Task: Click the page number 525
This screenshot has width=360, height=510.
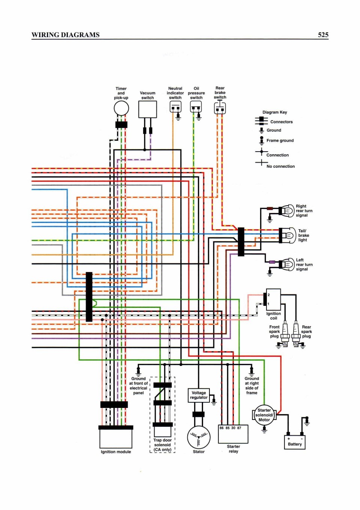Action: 323,35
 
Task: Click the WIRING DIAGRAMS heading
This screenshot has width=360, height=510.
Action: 66,35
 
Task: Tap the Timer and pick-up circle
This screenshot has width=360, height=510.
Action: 121,108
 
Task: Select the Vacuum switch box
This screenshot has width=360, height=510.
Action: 148,110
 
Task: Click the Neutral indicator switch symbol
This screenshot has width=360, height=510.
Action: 176,107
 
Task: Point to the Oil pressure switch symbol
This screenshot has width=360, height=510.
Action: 196,107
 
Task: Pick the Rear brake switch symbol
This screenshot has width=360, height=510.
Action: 220,108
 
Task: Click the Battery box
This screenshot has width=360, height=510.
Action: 295,442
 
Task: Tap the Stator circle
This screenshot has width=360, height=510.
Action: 199,437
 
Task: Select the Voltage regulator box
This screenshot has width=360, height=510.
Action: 199,396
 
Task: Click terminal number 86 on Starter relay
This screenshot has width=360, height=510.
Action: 221,428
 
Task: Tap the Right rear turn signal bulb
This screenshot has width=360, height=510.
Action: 286,211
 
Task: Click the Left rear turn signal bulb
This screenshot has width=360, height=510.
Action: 287,265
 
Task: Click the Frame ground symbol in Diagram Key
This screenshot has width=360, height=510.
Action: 261,141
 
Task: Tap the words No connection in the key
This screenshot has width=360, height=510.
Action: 280,166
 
